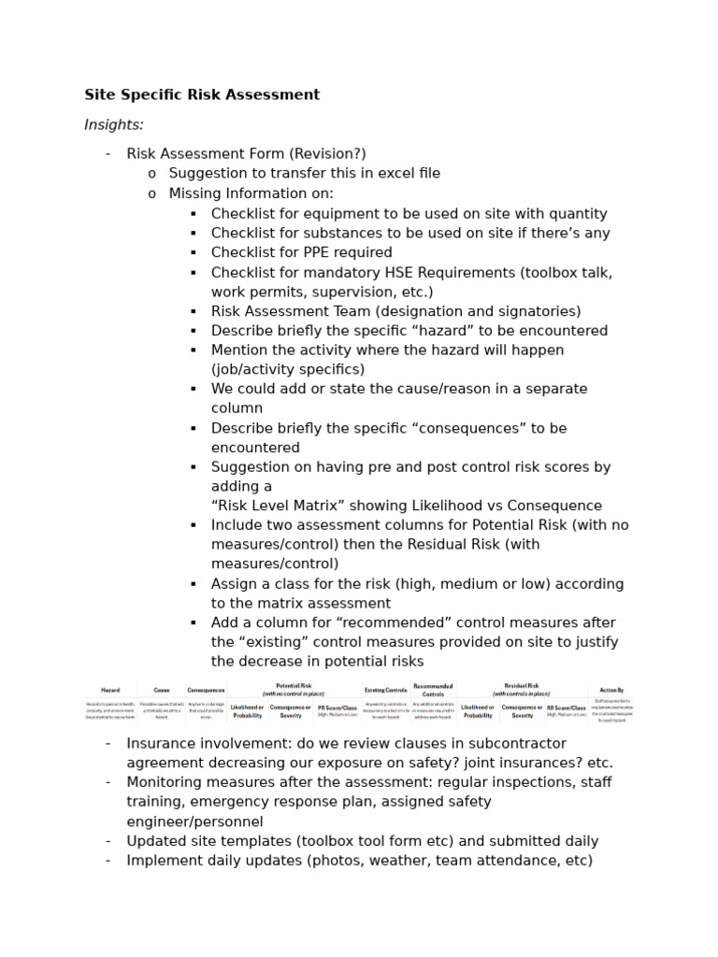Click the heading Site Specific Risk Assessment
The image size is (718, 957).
202,94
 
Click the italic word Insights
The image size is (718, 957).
113,124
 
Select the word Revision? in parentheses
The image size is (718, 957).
328,153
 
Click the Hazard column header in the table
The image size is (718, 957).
110,690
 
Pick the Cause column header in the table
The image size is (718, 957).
161,690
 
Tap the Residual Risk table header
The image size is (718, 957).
521,688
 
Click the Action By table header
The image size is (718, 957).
612,690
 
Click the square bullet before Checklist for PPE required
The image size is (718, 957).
193,253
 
